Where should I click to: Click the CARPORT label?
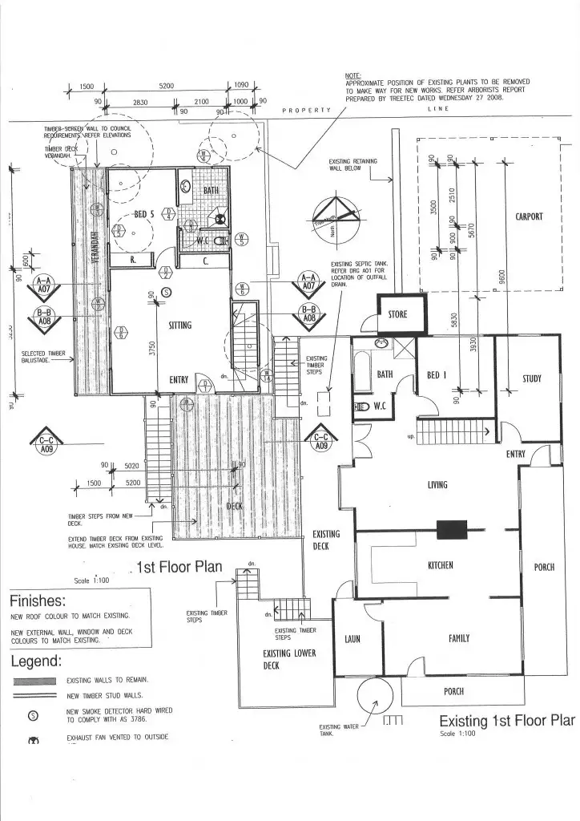tap(530, 216)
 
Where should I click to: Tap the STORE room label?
tap(398, 314)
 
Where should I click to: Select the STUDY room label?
tap(532, 378)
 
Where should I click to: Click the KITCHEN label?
tap(440, 565)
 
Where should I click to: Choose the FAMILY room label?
tap(459, 638)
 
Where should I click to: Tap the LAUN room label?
tap(352, 639)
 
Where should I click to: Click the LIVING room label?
tap(437, 485)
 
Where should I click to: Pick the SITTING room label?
tap(180, 326)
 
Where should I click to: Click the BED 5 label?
tap(143, 214)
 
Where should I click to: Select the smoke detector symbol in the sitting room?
tap(166, 293)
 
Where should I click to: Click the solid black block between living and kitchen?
tap(451, 529)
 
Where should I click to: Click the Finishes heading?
tap(38, 601)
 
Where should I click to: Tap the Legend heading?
tap(36, 661)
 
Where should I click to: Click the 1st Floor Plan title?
tap(179, 568)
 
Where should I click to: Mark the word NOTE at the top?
tap(353, 75)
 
